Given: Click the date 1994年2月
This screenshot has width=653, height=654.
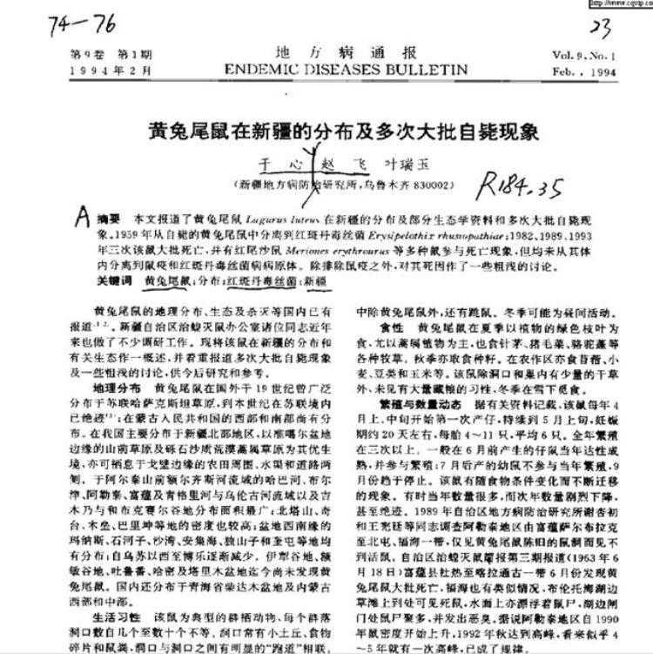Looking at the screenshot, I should click(x=103, y=71).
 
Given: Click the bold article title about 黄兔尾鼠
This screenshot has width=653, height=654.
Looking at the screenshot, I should click(x=333, y=131).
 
